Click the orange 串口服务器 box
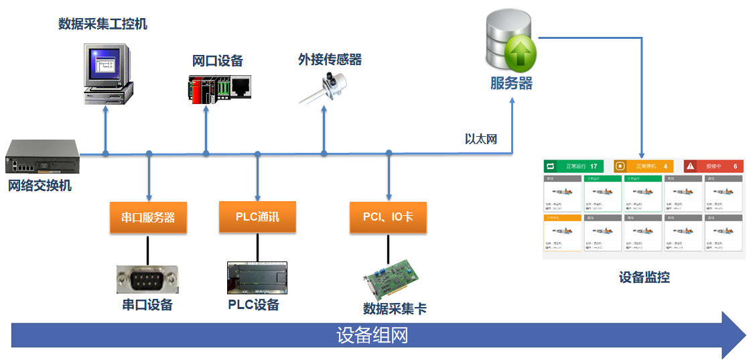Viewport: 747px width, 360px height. [x=148, y=218]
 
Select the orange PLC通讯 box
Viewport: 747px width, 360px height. [x=257, y=217]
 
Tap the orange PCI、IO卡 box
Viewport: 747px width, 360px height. [x=388, y=217]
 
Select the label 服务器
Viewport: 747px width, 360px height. [x=511, y=84]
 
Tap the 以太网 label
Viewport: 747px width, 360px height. [x=480, y=139]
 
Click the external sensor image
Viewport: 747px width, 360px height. [x=326, y=86]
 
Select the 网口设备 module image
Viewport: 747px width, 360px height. [x=219, y=87]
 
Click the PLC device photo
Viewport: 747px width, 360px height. [x=257, y=278]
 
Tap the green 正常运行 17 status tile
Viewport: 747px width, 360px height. [x=573, y=166]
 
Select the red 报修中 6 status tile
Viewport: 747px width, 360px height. [x=714, y=166]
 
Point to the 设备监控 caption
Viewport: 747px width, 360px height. [x=644, y=277]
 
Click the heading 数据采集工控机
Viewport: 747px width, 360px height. [x=103, y=24]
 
